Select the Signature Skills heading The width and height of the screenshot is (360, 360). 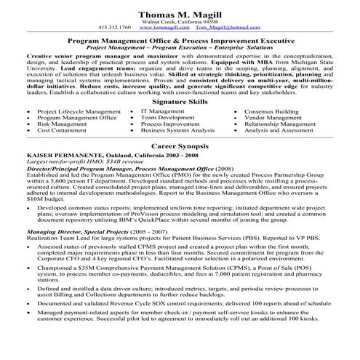pos(178,103)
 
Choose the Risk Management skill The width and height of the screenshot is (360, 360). pos(62,124)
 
